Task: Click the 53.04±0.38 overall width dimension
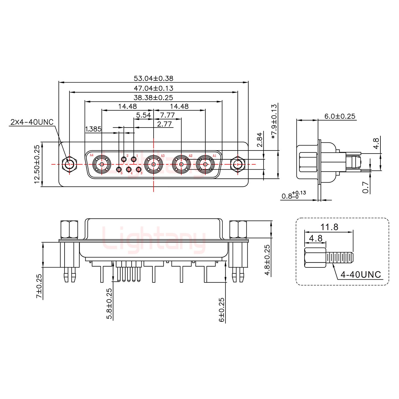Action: pyautogui.click(x=153, y=79)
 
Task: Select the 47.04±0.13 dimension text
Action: pyautogui.click(x=153, y=88)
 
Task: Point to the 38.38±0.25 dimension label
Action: pyautogui.click(x=153, y=98)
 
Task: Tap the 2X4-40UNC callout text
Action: pyautogui.click(x=32, y=122)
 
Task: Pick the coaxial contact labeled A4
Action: pyautogui.click(x=102, y=165)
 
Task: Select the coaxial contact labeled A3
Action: pyautogui.click(x=153, y=165)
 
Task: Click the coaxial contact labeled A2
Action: pyautogui.click(x=181, y=165)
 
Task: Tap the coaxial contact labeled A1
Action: pyautogui.click(x=205, y=165)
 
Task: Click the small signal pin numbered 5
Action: pyautogui.click(x=119, y=170)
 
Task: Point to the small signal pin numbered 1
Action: pyautogui.click(x=134, y=159)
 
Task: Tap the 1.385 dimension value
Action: pyautogui.click(x=93, y=129)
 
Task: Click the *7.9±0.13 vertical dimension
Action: pyautogui.click(x=274, y=122)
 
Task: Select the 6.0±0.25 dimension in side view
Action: pyautogui.click(x=340, y=116)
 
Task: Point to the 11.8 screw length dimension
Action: pyautogui.click(x=329, y=227)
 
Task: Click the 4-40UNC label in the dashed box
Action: pyautogui.click(x=360, y=275)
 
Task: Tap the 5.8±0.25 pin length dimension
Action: pyautogui.click(x=109, y=304)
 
